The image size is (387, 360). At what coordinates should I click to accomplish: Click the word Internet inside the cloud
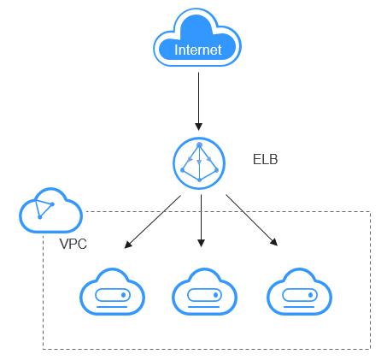coord(198,50)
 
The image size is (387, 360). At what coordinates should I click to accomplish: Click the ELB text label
coord(265,159)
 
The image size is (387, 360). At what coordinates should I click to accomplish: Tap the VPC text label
coord(73,244)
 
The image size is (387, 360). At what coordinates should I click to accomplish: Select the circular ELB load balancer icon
coord(199,163)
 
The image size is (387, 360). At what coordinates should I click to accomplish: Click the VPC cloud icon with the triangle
coord(50,210)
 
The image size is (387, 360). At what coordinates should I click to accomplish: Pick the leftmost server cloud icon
coord(112,292)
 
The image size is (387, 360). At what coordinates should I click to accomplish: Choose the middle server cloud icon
coord(204,292)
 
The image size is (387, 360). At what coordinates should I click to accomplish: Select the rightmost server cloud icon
coord(299,292)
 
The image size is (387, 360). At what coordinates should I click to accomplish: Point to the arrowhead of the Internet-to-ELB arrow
coord(198,127)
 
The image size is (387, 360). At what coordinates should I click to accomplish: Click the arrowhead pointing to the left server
coord(128,245)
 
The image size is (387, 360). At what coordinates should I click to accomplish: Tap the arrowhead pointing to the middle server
coord(201,243)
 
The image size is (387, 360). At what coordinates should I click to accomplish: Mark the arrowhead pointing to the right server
coord(274,242)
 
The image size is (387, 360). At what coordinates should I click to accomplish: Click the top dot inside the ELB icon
coord(199,145)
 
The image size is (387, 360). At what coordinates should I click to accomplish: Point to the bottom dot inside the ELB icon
coord(199,180)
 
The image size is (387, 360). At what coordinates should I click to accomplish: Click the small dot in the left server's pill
coord(124,295)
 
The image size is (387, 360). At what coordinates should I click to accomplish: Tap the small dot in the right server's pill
coord(310,295)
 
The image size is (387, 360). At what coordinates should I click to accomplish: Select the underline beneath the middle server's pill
coord(204,307)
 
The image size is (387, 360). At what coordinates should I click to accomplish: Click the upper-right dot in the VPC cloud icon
coord(52,204)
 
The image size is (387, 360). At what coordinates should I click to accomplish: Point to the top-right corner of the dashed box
coord(370,211)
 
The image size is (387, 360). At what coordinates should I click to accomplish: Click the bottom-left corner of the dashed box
coord(44,349)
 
